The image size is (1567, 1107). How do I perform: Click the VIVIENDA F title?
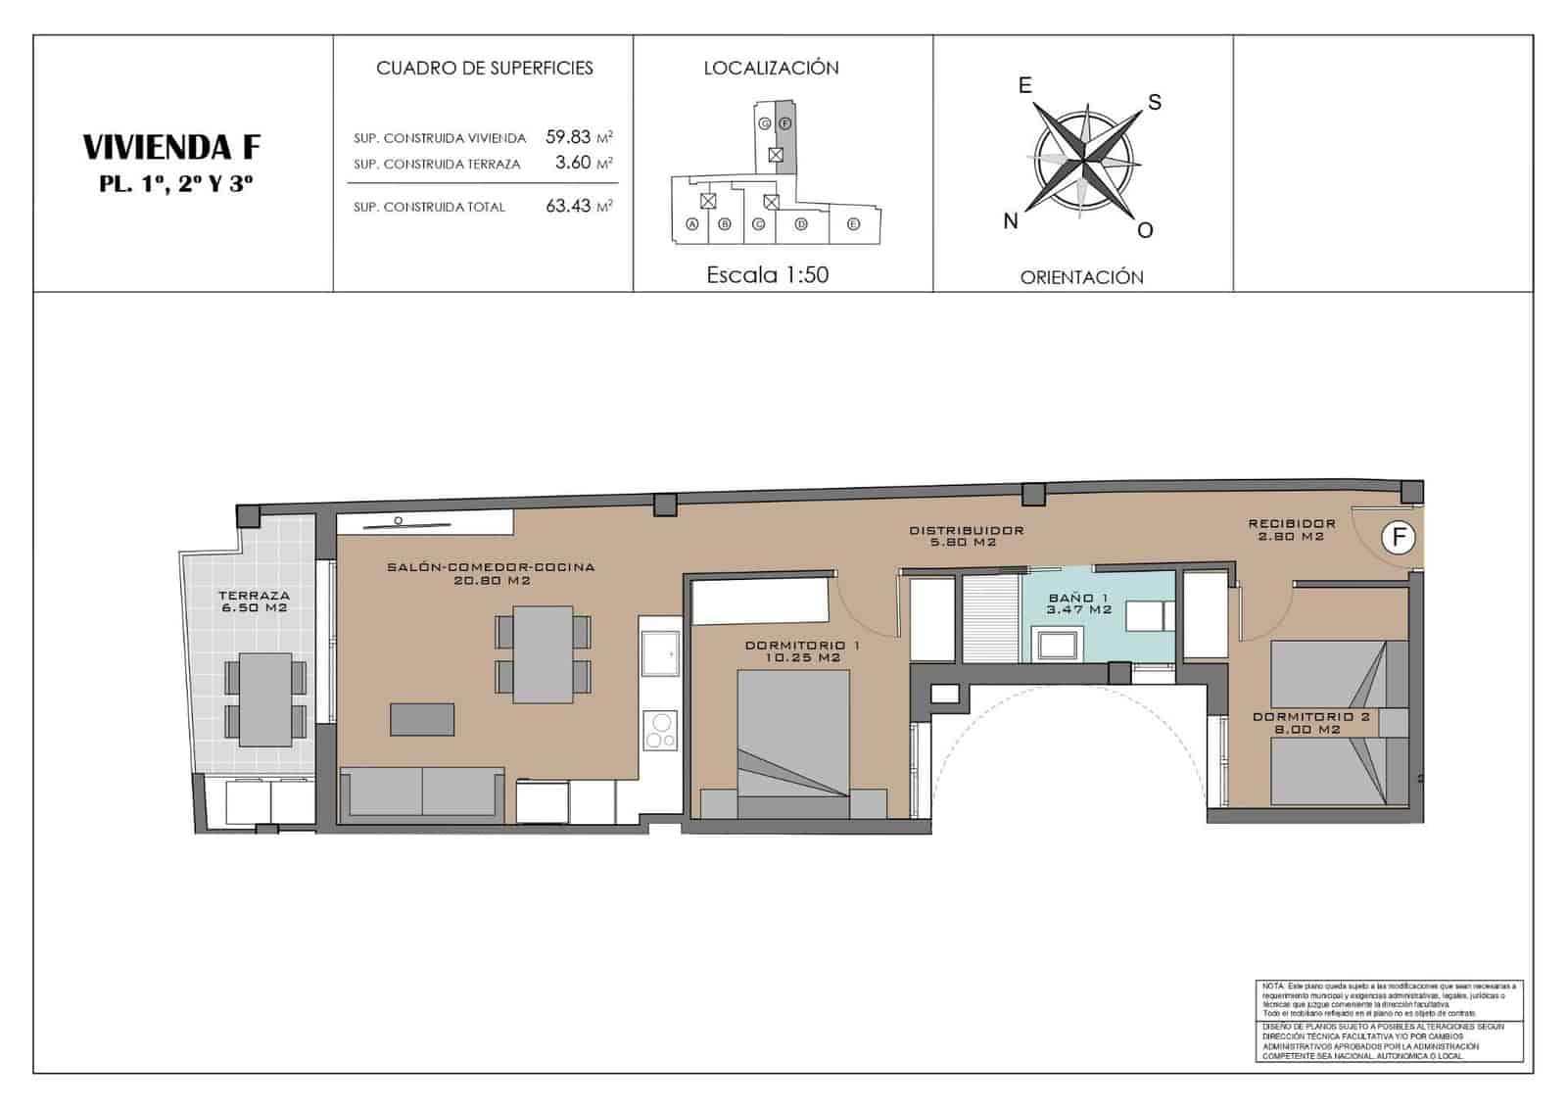click(x=171, y=147)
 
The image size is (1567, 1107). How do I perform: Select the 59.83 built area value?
click(x=568, y=137)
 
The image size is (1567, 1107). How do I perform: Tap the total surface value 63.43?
click(x=568, y=206)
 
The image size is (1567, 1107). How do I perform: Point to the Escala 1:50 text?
click(x=767, y=275)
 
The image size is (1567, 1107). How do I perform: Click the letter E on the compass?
click(x=1025, y=85)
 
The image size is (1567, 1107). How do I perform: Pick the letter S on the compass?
click(x=1155, y=102)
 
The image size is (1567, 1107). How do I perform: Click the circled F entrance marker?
click(x=1399, y=537)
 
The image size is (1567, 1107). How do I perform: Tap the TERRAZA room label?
click(x=254, y=596)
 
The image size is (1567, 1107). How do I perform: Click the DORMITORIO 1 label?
click(x=802, y=646)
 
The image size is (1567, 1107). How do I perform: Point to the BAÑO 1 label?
click(x=1078, y=598)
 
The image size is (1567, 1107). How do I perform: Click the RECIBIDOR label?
click(x=1292, y=524)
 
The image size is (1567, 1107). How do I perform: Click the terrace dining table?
click(x=265, y=699)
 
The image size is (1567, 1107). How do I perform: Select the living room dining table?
click(x=543, y=653)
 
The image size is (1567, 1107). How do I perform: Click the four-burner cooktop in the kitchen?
click(x=660, y=729)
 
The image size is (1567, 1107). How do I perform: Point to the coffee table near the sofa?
click(x=422, y=719)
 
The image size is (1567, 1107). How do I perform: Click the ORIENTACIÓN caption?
click(x=1081, y=277)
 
